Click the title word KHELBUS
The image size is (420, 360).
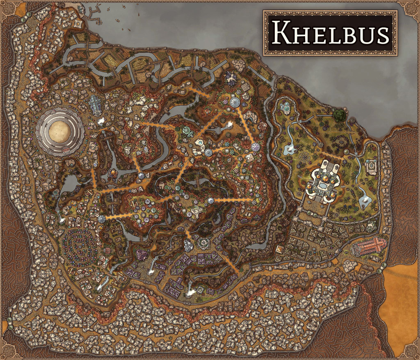click(x=331, y=33)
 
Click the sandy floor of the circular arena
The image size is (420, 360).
click(x=60, y=131)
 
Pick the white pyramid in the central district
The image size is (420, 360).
click(x=249, y=158)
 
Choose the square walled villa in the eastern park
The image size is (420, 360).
click(x=371, y=167)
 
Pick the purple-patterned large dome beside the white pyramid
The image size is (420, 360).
click(x=258, y=146)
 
